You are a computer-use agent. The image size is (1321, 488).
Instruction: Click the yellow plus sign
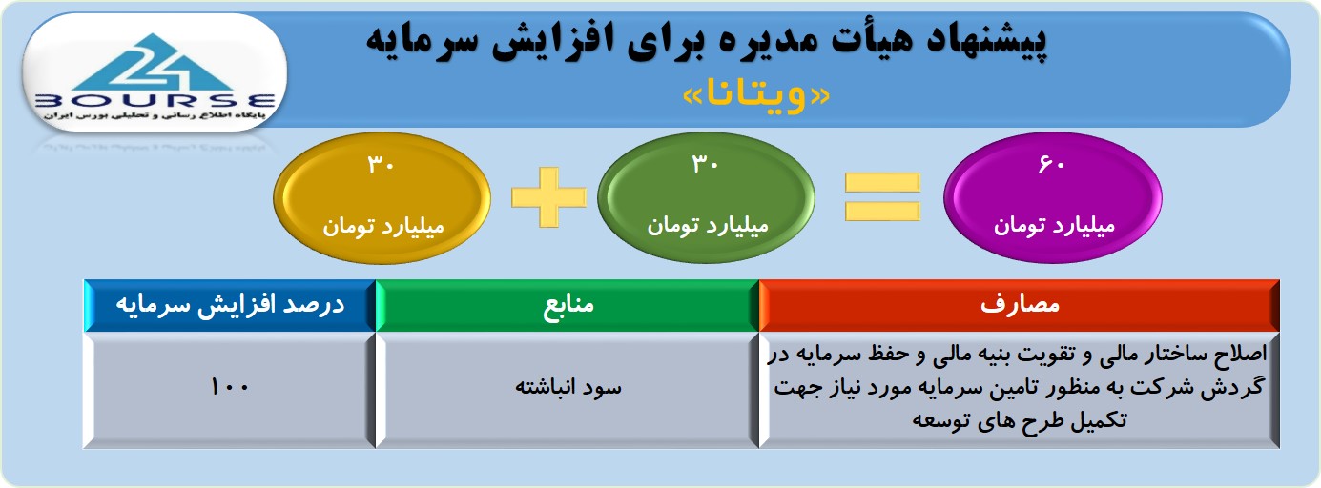pos(549,197)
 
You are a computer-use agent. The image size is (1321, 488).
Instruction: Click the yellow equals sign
pos(882,197)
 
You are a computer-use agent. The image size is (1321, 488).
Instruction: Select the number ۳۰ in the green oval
pos(705,164)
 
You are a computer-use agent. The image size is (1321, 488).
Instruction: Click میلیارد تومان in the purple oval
pos(1054,226)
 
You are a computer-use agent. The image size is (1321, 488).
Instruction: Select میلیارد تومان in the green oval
pos(708,226)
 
